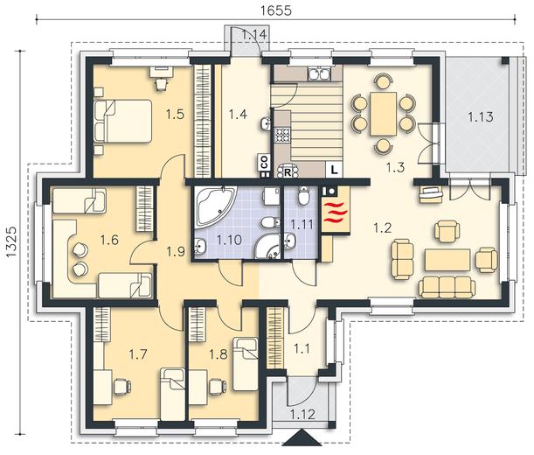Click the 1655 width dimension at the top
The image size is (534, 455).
pyautogui.click(x=276, y=10)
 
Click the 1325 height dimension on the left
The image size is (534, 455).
pyautogui.click(x=10, y=241)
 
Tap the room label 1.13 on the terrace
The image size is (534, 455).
pyautogui.click(x=480, y=116)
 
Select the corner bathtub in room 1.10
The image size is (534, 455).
pyautogui.click(x=215, y=205)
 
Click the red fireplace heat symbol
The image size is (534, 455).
pyautogui.click(x=336, y=213)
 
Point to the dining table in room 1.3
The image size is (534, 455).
pyautogui.click(x=384, y=114)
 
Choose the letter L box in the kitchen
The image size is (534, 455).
pyautogui.click(x=335, y=170)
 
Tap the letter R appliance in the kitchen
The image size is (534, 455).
pyautogui.click(x=288, y=172)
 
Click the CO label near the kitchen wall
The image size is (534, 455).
pyautogui.click(x=265, y=162)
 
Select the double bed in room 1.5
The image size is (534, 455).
pyautogui.click(x=123, y=121)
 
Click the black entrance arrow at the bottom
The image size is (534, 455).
pyautogui.click(x=302, y=438)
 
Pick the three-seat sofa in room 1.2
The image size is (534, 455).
pyautogui.click(x=447, y=287)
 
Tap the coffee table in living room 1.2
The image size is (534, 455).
pyautogui.click(x=447, y=260)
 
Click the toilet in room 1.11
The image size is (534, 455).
pyautogui.click(x=302, y=195)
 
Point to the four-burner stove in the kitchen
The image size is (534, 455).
pyautogui.click(x=282, y=135)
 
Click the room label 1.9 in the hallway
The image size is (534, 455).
pyautogui.click(x=176, y=251)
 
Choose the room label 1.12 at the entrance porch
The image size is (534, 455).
pyautogui.click(x=302, y=415)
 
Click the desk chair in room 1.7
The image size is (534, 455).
pyautogui.click(x=122, y=387)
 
